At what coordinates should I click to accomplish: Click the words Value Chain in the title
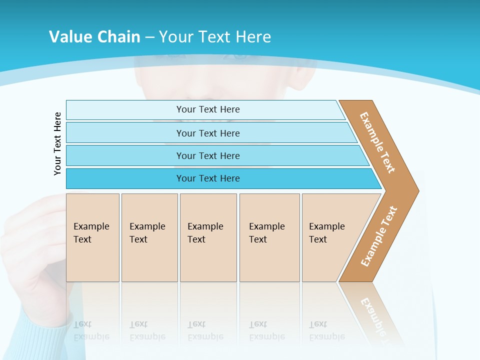[94, 36]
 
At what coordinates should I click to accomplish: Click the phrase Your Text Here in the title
[215, 36]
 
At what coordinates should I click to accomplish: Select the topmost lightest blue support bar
[207, 109]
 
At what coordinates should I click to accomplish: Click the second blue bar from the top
[207, 133]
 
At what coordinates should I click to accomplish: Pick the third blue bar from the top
[207, 155]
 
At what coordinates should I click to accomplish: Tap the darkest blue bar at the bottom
[207, 178]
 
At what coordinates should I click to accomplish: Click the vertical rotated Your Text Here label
[57, 143]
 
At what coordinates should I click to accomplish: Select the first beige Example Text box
[92, 237]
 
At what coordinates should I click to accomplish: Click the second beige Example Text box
[149, 237]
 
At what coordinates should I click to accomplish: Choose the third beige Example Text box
[207, 237]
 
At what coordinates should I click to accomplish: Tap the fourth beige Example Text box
[269, 237]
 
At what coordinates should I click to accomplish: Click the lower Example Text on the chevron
[378, 236]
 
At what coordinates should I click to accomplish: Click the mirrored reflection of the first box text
[91, 330]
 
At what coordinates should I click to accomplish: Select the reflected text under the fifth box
[326, 330]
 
